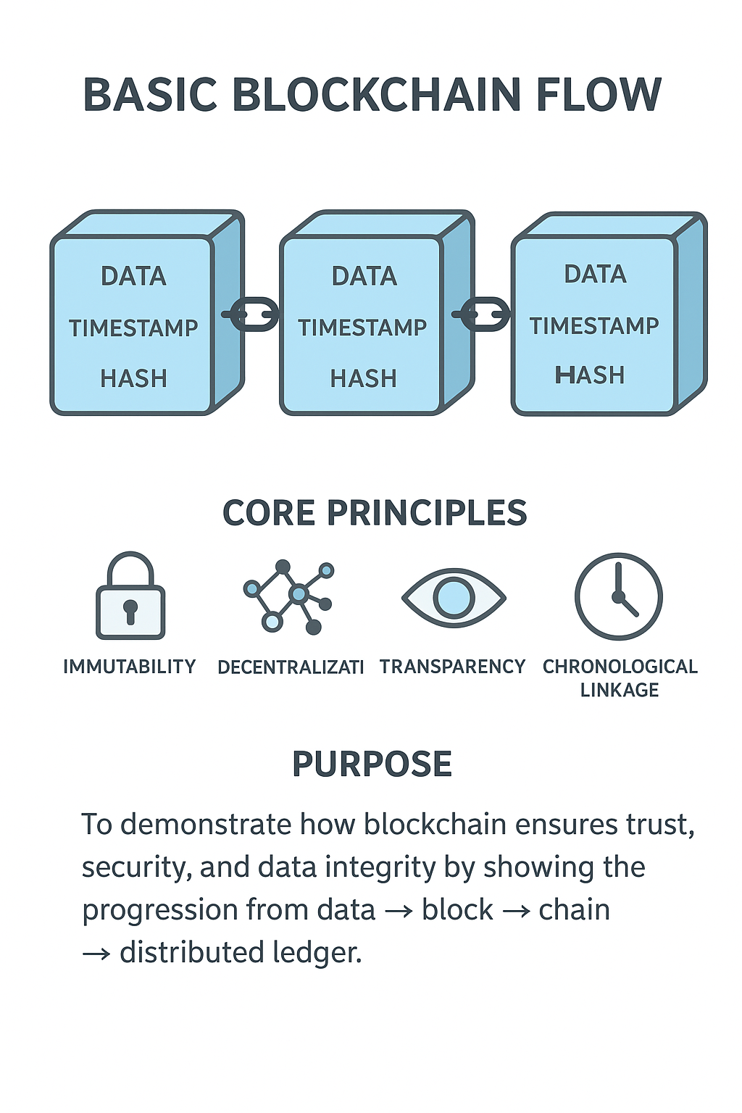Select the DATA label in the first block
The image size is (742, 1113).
[x=133, y=276]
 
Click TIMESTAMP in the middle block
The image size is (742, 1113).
[x=362, y=328]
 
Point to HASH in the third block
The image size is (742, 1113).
[x=590, y=375]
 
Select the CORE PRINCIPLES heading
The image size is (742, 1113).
[x=374, y=513]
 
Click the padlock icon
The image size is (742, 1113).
[x=130, y=596]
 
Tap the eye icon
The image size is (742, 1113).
[x=454, y=597]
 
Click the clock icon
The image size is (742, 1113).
[x=618, y=596]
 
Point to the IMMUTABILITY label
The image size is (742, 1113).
[x=130, y=667]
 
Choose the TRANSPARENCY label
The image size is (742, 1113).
[x=452, y=667]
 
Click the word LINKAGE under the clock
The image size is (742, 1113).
[x=620, y=691]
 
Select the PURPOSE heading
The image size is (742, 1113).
[x=372, y=764]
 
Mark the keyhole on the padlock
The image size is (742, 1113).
[x=130, y=611]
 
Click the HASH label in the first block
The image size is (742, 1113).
[x=133, y=378]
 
